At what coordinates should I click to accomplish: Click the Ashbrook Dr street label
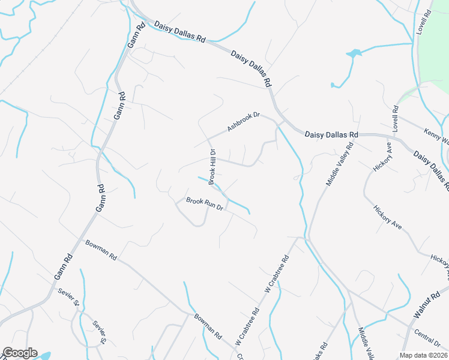pos(243,122)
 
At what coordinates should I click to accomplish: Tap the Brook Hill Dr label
pos(212,166)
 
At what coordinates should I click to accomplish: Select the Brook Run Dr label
pos(204,204)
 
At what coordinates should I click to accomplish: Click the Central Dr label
pos(427,339)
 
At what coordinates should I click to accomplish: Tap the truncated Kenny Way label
pos(436,139)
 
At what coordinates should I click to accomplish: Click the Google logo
pos(19,353)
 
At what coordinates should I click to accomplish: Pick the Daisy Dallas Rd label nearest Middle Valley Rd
pos(331,135)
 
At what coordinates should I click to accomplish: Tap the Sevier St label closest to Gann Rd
pos(68,296)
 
